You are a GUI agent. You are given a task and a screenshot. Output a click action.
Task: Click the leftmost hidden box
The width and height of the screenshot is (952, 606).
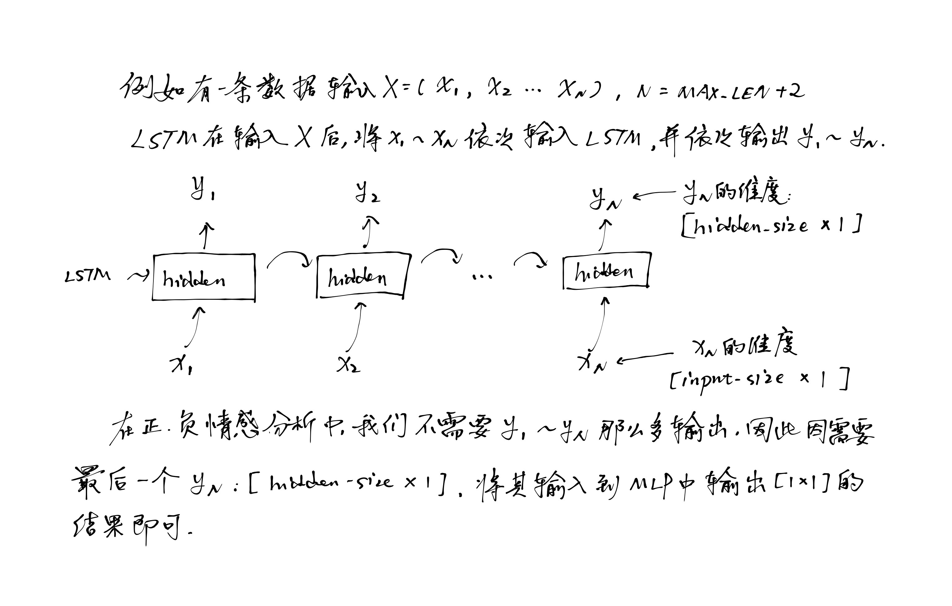click(204, 277)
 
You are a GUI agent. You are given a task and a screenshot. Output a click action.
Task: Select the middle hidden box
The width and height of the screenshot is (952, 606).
click(363, 276)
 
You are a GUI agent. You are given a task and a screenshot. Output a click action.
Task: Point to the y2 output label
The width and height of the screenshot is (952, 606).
click(367, 192)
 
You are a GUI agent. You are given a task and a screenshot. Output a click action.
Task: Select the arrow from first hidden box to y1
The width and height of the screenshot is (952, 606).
click(205, 236)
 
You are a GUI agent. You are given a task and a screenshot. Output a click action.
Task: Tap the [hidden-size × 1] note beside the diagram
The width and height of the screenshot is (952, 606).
click(771, 227)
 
